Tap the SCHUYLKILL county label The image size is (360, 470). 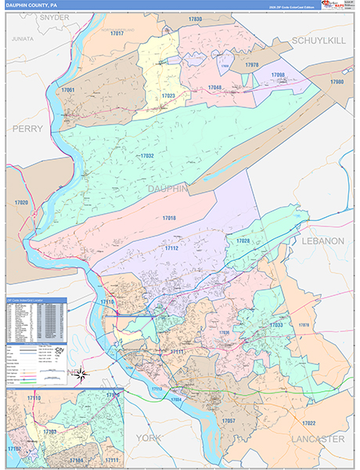[318, 40]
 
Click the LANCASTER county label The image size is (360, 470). [318, 439]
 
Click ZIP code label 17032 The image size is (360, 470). [146, 156]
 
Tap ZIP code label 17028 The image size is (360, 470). [243, 240]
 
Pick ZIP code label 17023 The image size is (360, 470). [168, 96]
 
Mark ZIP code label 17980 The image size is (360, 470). [337, 81]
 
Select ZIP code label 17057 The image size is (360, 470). [229, 421]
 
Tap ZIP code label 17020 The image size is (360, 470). [21, 203]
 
